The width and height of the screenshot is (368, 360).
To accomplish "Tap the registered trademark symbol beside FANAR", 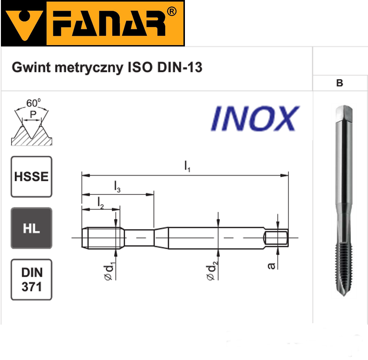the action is point(172,11).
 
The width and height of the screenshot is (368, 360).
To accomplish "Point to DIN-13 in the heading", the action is point(179,67).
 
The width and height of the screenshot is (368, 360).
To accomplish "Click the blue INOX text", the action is point(255,118).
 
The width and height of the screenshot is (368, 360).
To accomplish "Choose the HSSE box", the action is point(31,177).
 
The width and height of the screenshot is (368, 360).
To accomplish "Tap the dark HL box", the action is point(31,228).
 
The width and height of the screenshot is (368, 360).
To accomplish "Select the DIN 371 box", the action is point(31,280).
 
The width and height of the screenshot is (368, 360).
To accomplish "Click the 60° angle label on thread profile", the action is point(33,103).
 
